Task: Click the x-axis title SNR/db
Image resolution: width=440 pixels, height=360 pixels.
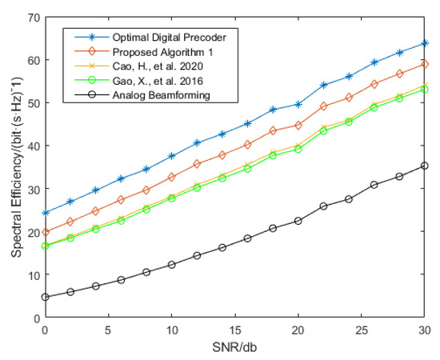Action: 235,349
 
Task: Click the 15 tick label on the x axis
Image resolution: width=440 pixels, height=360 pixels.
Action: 234,330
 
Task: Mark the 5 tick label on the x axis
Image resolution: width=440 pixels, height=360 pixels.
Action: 108,330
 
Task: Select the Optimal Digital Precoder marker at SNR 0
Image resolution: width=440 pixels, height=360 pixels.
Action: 45,212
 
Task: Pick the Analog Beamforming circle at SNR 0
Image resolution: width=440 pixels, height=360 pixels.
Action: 45,297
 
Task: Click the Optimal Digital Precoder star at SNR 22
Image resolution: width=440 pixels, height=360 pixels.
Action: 323,85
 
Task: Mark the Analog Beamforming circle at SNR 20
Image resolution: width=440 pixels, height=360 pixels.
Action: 298,221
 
